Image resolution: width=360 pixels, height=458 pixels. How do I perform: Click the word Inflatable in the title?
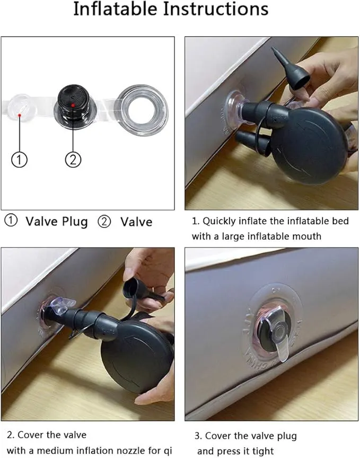pos(116,9)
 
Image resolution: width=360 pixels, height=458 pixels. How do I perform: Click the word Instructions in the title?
pos(216,9)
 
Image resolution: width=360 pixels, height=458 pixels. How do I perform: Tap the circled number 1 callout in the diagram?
pos(19,160)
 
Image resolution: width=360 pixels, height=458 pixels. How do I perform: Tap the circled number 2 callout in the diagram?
pos(73,160)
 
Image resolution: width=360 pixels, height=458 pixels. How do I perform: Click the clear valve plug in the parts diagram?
pos(20,107)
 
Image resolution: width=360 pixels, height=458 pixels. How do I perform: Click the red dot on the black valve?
pos(73,105)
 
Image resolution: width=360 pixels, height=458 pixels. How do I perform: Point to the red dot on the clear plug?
pos(19,116)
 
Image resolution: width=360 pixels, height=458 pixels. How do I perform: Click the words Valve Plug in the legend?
pos(57,222)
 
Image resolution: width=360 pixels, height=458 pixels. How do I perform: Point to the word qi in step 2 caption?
pos(168,451)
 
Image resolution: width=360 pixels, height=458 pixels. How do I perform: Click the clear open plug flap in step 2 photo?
pos(63,304)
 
